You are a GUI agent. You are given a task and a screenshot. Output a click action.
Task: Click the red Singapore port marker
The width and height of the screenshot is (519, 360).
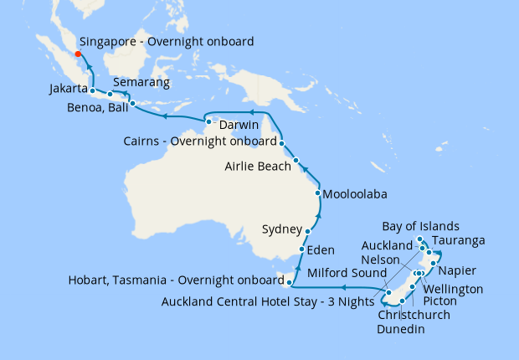coord(78,54)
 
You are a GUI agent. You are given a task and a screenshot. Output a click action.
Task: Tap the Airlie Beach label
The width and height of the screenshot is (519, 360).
coord(258,167)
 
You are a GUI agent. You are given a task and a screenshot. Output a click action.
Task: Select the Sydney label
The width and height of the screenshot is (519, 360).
coord(280,229)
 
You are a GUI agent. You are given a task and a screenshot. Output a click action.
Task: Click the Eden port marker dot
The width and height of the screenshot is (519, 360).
coord(302,249)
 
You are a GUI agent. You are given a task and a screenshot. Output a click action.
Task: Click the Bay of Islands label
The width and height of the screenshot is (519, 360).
coord(420,226)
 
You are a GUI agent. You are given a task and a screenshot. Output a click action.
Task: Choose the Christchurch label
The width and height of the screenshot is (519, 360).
coord(414,315)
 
